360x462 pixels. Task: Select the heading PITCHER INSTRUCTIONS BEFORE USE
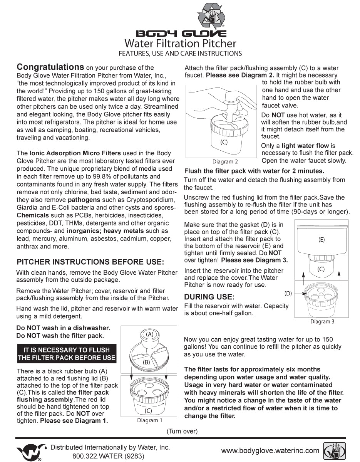point(90,262)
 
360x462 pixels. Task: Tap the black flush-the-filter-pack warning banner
point(66,354)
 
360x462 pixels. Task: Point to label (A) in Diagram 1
point(149,334)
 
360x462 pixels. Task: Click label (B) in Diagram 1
point(147,362)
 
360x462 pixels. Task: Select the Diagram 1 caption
point(150,420)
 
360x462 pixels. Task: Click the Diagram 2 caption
point(225,161)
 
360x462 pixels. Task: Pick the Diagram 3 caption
point(322,321)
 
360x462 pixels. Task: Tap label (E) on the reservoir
point(321,239)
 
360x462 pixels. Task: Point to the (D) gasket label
point(288,293)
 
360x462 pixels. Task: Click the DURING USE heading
point(209,297)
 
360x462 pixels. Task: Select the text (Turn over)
point(182,431)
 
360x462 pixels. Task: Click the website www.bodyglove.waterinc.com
point(270,450)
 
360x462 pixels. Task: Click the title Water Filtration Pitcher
point(180,43)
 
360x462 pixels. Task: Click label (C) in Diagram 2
point(224,142)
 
